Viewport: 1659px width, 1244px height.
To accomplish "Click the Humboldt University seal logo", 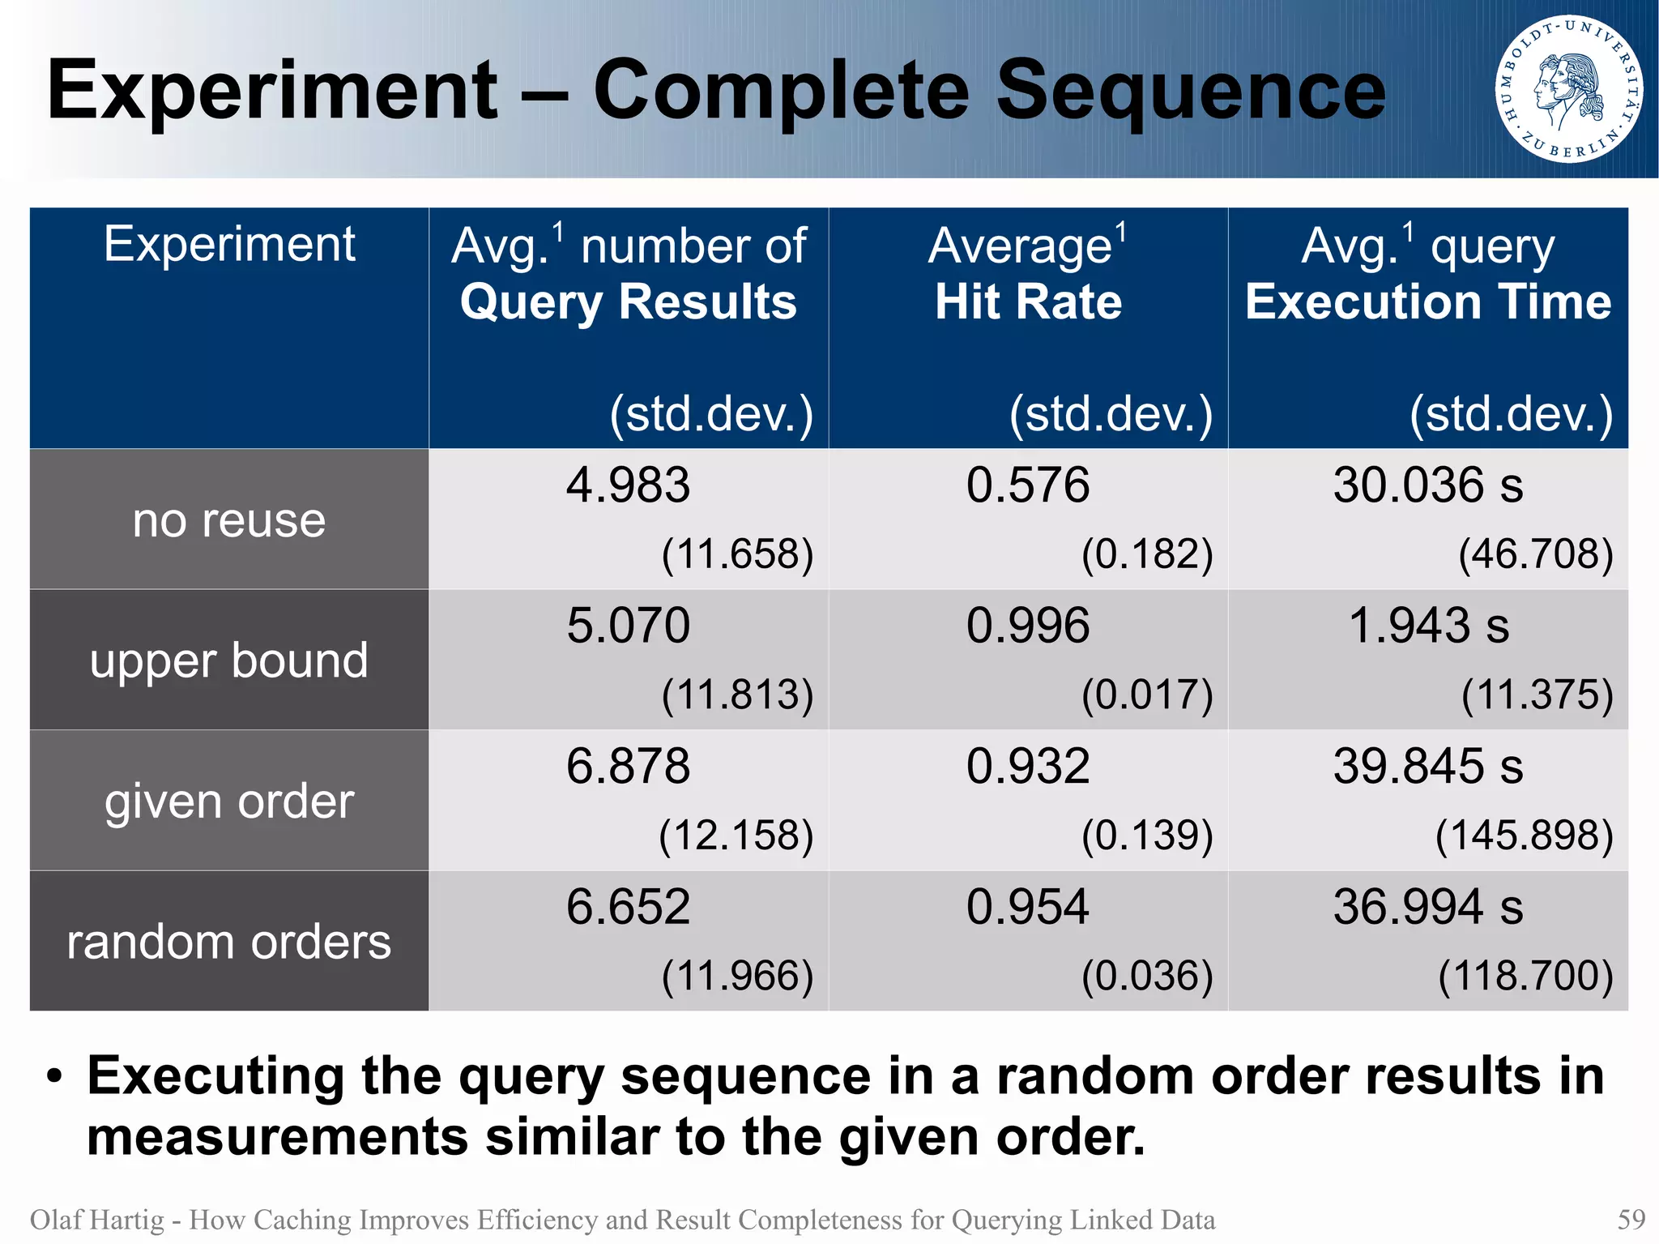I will pyautogui.click(x=1569, y=88).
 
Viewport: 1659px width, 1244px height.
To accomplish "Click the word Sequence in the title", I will pyautogui.click(x=1190, y=91).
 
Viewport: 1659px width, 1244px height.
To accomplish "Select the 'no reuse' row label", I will pyautogui.click(x=229, y=519).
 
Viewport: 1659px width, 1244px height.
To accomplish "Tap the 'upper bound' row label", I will pyautogui.click(x=229, y=660).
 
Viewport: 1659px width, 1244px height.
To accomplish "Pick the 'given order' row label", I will pyautogui.click(x=229, y=801).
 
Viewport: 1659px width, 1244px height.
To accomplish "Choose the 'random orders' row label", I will pyautogui.click(x=229, y=942).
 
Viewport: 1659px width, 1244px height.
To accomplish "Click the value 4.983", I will pyautogui.click(x=628, y=485).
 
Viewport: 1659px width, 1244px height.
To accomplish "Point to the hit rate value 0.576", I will pyautogui.click(x=1028, y=485).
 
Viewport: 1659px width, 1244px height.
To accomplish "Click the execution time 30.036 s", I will pyautogui.click(x=1428, y=485).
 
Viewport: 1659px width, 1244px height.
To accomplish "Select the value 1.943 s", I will pyautogui.click(x=1428, y=626).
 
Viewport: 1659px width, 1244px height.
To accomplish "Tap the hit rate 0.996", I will pyautogui.click(x=1028, y=626).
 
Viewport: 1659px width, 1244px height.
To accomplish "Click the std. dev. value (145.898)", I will pyautogui.click(x=1524, y=835).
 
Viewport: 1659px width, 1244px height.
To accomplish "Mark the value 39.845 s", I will pyautogui.click(x=1428, y=766).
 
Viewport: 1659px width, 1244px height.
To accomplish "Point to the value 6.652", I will pyautogui.click(x=628, y=906).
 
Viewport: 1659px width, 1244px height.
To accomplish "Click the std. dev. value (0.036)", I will pyautogui.click(x=1147, y=975).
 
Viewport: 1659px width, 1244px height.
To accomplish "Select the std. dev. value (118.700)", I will pyautogui.click(x=1525, y=975).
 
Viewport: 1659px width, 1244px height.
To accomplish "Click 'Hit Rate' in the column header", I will pyautogui.click(x=1028, y=302).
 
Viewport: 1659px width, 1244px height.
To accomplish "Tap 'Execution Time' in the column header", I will pyautogui.click(x=1428, y=302).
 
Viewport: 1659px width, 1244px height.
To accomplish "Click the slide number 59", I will pyautogui.click(x=1631, y=1219).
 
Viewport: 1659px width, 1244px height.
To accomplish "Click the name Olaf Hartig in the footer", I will pyautogui.click(x=96, y=1219).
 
